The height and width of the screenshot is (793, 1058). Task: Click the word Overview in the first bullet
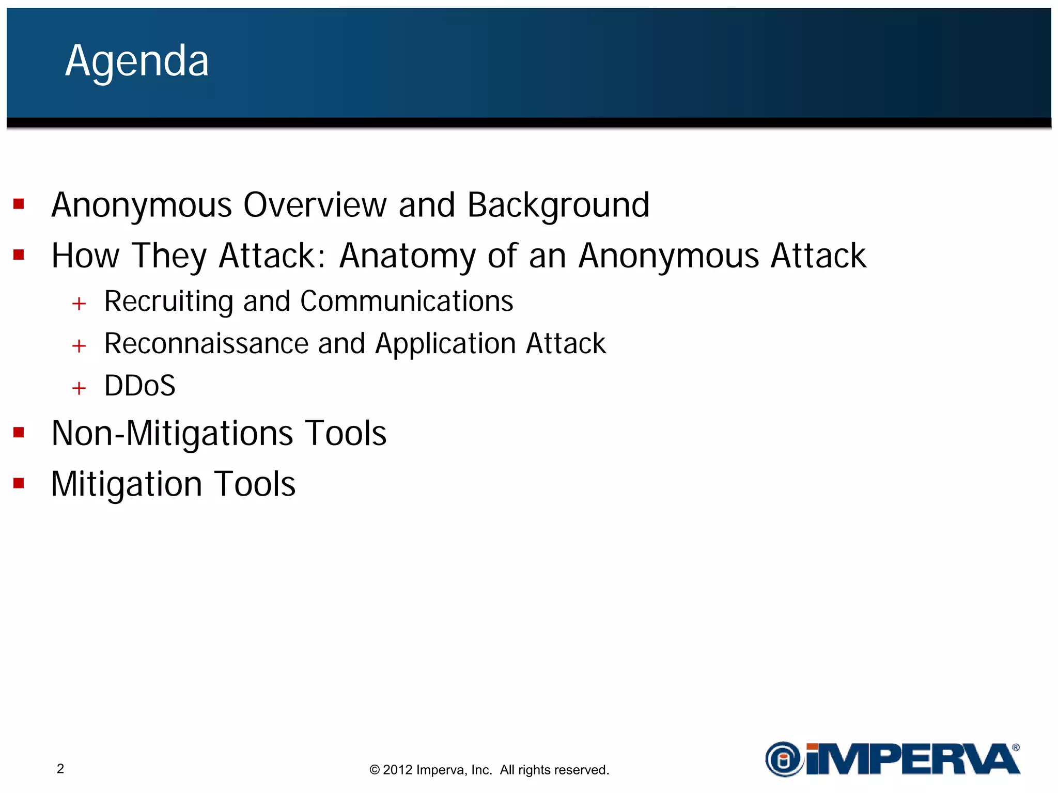(x=315, y=205)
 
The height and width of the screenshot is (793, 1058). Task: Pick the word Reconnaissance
(x=206, y=344)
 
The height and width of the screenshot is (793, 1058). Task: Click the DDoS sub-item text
(x=139, y=386)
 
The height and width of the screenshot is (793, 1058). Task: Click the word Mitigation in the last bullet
(x=127, y=485)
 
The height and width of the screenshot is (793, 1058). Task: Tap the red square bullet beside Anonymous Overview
(x=19, y=204)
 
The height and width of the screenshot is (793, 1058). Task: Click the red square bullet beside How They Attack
(x=19, y=255)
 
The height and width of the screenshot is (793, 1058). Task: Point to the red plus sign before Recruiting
(x=79, y=304)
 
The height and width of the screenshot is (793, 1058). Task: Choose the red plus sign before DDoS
(x=79, y=388)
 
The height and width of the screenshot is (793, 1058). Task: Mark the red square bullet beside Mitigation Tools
(x=19, y=483)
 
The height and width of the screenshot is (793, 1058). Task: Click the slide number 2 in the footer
(x=60, y=769)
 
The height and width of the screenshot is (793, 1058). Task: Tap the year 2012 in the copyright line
(x=397, y=770)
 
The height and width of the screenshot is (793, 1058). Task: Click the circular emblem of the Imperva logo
(x=784, y=759)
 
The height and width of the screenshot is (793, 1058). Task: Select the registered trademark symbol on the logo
(x=1016, y=747)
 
